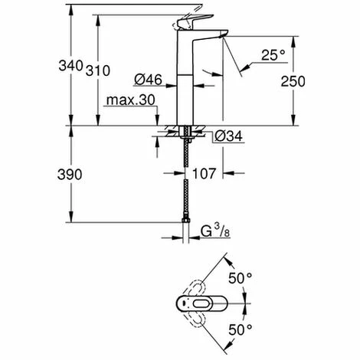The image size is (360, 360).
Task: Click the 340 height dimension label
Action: pos(70,66)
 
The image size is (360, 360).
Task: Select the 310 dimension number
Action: pos(98,70)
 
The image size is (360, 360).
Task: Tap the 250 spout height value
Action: pos(293,81)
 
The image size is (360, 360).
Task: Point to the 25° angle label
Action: pos(273,55)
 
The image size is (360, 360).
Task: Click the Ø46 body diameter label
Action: pos(148,80)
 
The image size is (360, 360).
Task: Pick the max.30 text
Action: pos(131,100)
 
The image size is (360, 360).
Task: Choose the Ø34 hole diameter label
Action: pos(228,136)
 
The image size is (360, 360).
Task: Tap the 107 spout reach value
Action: pos(204,174)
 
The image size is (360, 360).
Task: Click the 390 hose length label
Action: pos(70,175)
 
